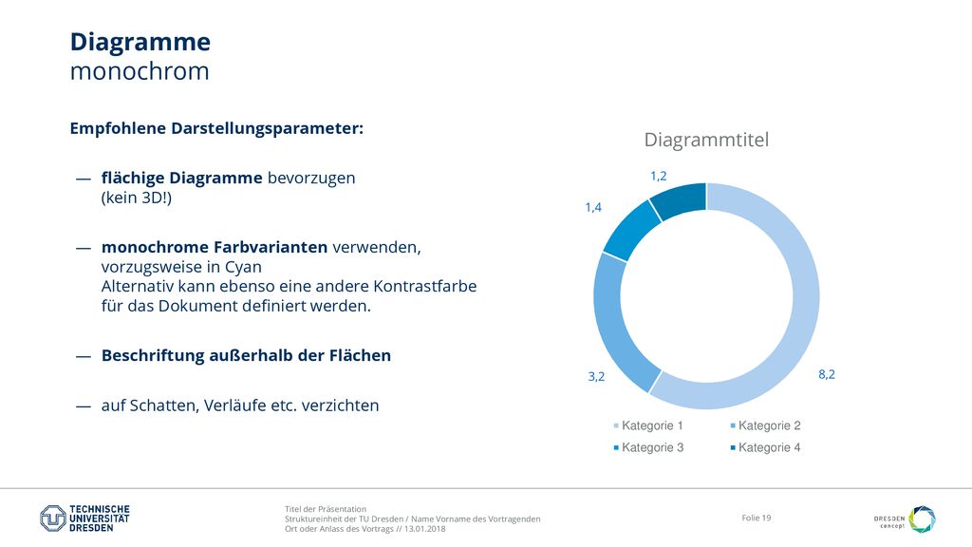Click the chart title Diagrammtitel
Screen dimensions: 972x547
(x=706, y=140)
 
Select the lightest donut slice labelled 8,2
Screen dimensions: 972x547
(x=805, y=296)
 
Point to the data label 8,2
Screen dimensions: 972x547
(x=827, y=374)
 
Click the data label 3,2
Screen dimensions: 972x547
(x=596, y=376)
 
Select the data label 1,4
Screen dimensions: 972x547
(x=593, y=207)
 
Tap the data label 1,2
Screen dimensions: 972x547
(x=659, y=176)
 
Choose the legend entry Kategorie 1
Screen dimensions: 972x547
(x=648, y=425)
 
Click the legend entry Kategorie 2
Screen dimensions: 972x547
(x=766, y=425)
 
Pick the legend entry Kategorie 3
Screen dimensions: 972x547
(x=648, y=447)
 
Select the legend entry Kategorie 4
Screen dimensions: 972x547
(x=766, y=447)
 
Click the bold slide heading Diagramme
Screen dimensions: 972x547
(x=140, y=42)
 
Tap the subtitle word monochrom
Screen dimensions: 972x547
(x=140, y=71)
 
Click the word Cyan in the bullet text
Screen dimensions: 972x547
(x=243, y=267)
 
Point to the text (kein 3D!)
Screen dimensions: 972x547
(x=137, y=198)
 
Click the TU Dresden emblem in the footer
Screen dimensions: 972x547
(x=53, y=519)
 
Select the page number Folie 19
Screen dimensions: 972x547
(x=757, y=518)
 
